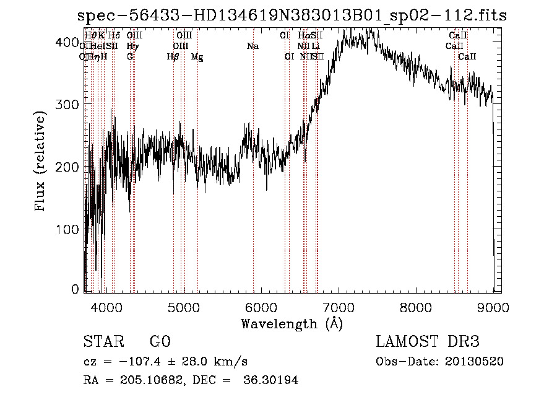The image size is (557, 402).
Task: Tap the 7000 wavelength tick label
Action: click(x=339, y=307)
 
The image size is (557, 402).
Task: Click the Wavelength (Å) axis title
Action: click(x=291, y=323)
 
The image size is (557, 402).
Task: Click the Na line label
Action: click(x=253, y=46)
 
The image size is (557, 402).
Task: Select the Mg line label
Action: click(x=197, y=57)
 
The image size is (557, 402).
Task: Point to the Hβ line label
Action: click(x=173, y=57)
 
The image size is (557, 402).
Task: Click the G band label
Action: click(x=130, y=57)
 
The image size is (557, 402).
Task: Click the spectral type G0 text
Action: click(x=160, y=342)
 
